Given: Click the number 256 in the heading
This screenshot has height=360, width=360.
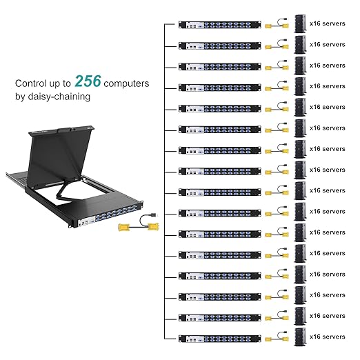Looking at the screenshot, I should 88,81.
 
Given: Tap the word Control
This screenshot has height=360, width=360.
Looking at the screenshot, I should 32,83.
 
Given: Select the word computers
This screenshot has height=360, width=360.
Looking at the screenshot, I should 126,83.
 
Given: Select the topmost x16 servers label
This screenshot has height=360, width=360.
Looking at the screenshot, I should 328,23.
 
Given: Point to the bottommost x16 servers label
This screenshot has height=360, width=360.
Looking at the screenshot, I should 328,337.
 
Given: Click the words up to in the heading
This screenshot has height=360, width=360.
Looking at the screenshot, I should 63,83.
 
